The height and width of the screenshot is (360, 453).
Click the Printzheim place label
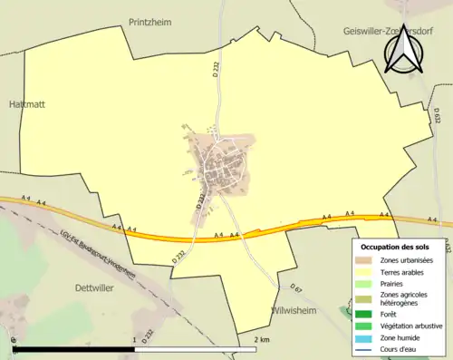pos(150,20)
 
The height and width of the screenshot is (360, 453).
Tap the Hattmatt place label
pos(25,104)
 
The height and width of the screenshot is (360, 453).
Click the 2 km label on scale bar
pos(262,340)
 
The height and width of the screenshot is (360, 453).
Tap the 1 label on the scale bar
pos(134,340)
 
